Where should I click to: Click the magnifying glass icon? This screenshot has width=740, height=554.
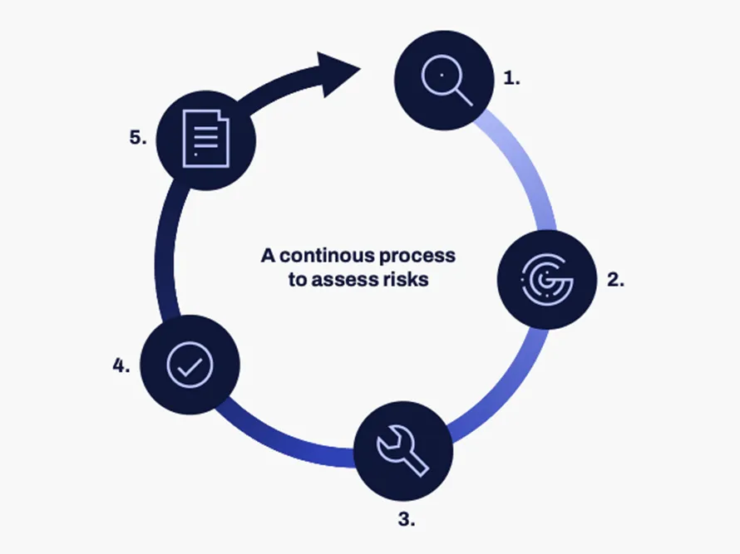click(x=445, y=81)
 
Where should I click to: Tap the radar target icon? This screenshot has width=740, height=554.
click(x=546, y=279)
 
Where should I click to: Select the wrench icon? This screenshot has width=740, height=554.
click(x=402, y=451)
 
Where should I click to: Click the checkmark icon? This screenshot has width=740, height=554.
click(x=190, y=365)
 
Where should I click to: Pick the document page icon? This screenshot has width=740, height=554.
click(x=205, y=139)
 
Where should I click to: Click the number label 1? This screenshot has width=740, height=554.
click(x=511, y=79)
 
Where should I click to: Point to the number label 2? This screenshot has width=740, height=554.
click(x=615, y=279)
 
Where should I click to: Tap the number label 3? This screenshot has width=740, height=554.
click(x=406, y=521)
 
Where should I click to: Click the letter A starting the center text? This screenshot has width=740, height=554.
click(x=268, y=255)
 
